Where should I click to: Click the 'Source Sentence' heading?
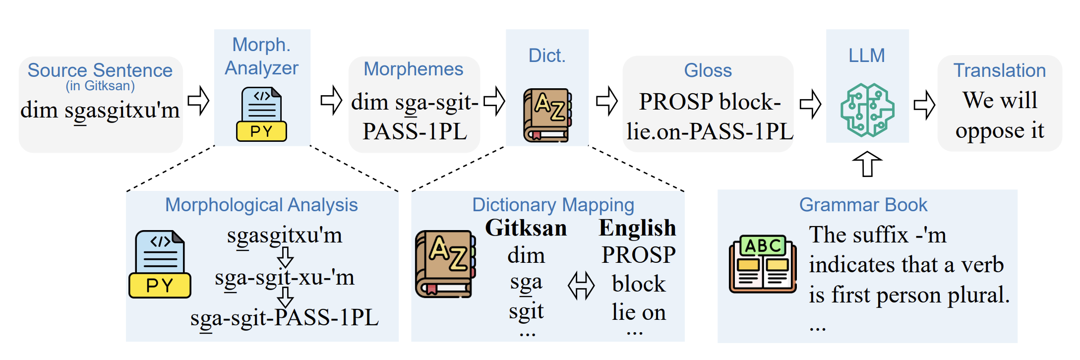(100, 70)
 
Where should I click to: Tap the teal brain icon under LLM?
(867, 110)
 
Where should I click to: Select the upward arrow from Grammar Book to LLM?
(867, 164)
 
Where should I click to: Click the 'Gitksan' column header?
(526, 228)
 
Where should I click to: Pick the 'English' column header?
(637, 228)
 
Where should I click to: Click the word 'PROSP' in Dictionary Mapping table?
(638, 255)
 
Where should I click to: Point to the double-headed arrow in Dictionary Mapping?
(581, 286)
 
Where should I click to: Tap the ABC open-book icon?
(763, 264)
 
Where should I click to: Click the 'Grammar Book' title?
(863, 205)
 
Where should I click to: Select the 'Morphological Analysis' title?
(261, 205)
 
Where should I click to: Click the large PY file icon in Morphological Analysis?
(160, 264)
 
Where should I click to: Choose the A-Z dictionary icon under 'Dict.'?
(547, 115)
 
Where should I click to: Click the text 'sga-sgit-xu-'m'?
(284, 278)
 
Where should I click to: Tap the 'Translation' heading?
(999, 70)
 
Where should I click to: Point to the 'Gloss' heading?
(708, 70)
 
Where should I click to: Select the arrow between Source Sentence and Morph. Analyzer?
(198, 101)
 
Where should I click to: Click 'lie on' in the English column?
(639, 312)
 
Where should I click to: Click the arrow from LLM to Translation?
(924, 105)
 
